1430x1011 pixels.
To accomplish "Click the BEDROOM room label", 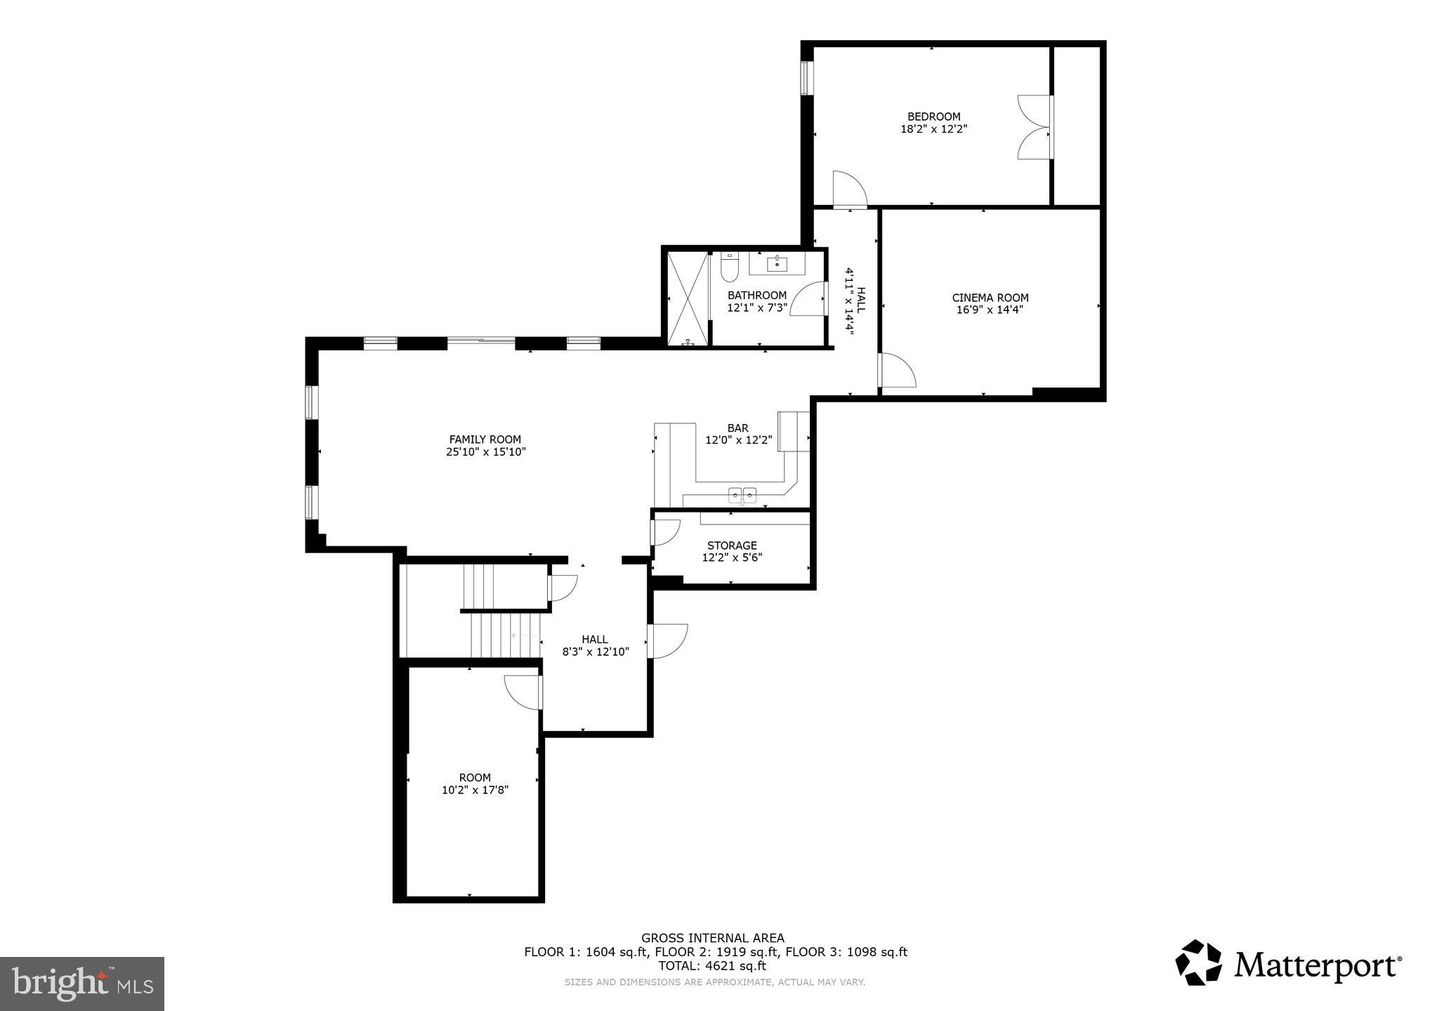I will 933,117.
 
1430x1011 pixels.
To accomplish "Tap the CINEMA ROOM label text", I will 990,298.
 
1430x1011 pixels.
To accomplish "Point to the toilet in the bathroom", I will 730,268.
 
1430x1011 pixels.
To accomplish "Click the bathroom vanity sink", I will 777,264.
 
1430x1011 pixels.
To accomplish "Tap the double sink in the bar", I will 742,494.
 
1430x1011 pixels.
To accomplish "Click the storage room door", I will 664,532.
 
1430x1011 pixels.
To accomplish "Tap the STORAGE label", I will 732,546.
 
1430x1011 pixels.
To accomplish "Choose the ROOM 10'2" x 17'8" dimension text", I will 475,790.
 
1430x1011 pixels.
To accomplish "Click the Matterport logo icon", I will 1198,963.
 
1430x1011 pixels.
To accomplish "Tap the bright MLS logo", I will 82,984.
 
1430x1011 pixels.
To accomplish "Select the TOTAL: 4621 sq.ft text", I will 711,966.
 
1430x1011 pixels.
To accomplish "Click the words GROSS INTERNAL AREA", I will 712,938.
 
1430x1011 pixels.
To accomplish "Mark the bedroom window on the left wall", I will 807,77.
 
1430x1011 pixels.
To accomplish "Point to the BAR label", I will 737,428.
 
